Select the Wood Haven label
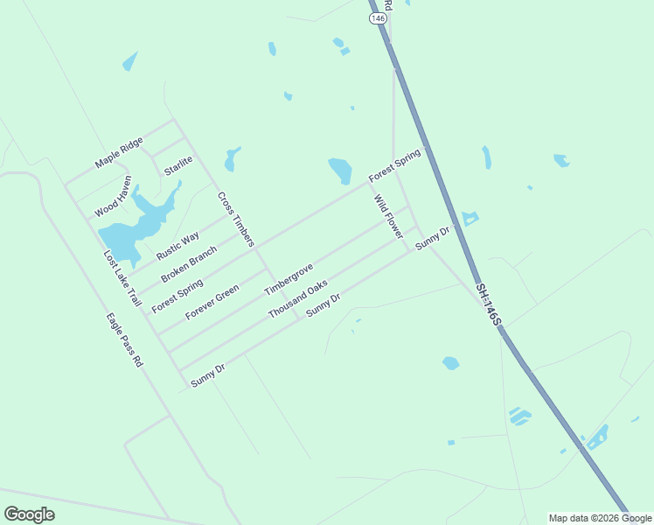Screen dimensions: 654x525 pyautogui.click(x=114, y=196)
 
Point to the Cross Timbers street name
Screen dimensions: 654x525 pyautogui.click(x=235, y=219)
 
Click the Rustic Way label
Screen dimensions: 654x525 pyautogui.click(x=177, y=245)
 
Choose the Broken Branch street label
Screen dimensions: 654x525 pyautogui.click(x=189, y=263)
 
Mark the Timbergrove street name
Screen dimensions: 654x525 pyautogui.click(x=289, y=277)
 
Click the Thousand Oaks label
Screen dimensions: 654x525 pyautogui.click(x=297, y=299)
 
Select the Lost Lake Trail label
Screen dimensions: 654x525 pyautogui.click(x=122, y=277)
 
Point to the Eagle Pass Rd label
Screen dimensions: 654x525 pyautogui.click(x=124, y=339)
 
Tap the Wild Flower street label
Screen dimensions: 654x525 pyautogui.click(x=389, y=217)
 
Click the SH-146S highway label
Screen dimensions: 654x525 pyautogui.click(x=488, y=304)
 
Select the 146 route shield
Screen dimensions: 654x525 pyautogui.click(x=377, y=17)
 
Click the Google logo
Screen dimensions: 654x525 pyautogui.click(x=29, y=514)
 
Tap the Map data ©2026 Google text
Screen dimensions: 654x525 pyautogui.click(x=600, y=518)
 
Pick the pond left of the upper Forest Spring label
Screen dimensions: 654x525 pyautogui.click(x=340, y=170)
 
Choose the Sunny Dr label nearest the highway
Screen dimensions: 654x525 pyautogui.click(x=432, y=237)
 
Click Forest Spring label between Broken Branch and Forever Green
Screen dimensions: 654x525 pyautogui.click(x=177, y=296)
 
